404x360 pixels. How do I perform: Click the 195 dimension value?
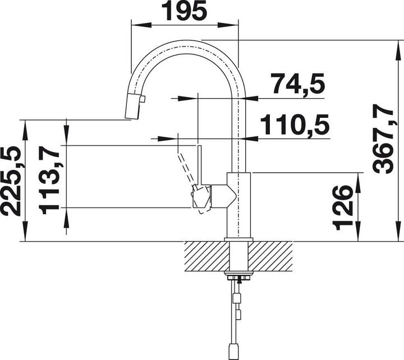pos(185,11)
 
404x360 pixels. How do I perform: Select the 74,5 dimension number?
pos(297,84)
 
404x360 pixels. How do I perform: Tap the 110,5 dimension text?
pos(295,124)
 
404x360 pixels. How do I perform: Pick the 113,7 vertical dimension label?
pos(49,180)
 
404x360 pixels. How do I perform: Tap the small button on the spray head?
pos(143,99)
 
